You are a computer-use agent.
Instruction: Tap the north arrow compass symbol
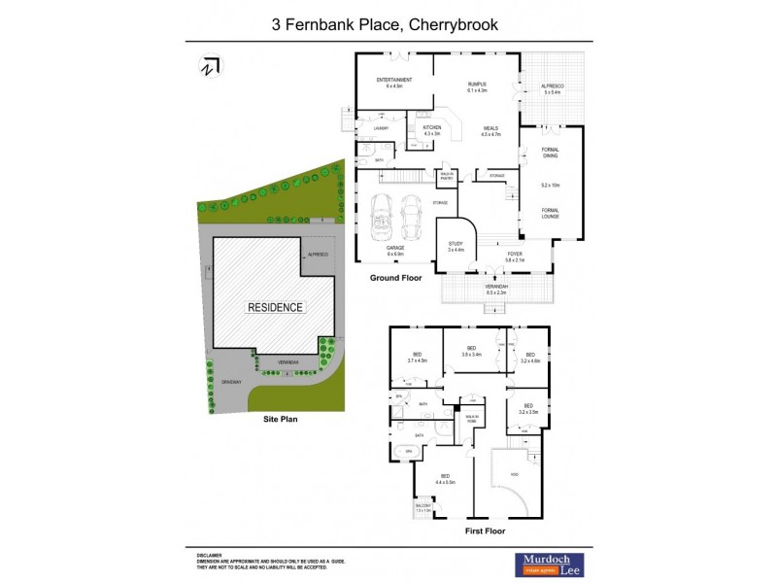[209, 66]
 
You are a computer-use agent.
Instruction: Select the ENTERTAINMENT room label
[393, 80]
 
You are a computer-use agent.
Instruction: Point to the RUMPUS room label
[476, 85]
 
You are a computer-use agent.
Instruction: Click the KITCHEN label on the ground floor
[432, 127]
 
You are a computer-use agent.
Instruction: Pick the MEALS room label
[490, 128]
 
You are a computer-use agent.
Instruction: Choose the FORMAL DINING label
[550, 153]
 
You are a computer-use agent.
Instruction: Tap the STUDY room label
[456, 244]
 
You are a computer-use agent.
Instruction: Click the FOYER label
[514, 255]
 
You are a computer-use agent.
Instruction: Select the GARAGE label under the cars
[395, 249]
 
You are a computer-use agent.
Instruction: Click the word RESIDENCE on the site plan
[275, 307]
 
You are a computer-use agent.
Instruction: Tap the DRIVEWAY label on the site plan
[229, 382]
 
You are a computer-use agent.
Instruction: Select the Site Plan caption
[280, 420]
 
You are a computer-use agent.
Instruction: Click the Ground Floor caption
[394, 278]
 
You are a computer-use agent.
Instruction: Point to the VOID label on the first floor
[513, 474]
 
